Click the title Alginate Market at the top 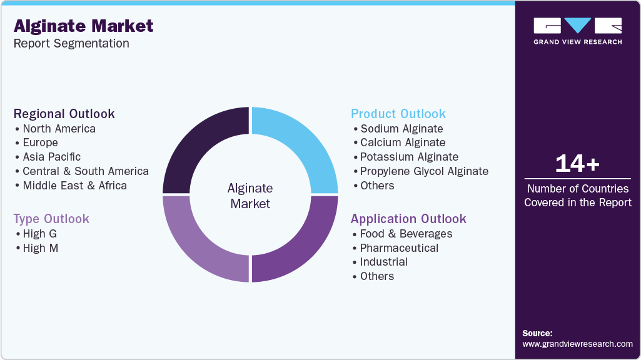click(83, 26)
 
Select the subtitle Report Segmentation click(71, 44)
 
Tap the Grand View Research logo click(577, 31)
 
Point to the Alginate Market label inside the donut click(250, 196)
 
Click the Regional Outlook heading click(64, 114)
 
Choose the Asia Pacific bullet click(51, 157)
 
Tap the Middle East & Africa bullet click(74, 186)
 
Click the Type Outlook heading click(51, 219)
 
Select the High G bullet click(39, 234)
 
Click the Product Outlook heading click(398, 114)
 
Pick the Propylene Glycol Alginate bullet click(424, 171)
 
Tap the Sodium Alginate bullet click(401, 129)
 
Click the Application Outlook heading click(408, 219)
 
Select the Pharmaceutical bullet click(399, 248)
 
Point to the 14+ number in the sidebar click(577, 164)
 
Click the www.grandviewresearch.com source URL click(577, 344)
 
